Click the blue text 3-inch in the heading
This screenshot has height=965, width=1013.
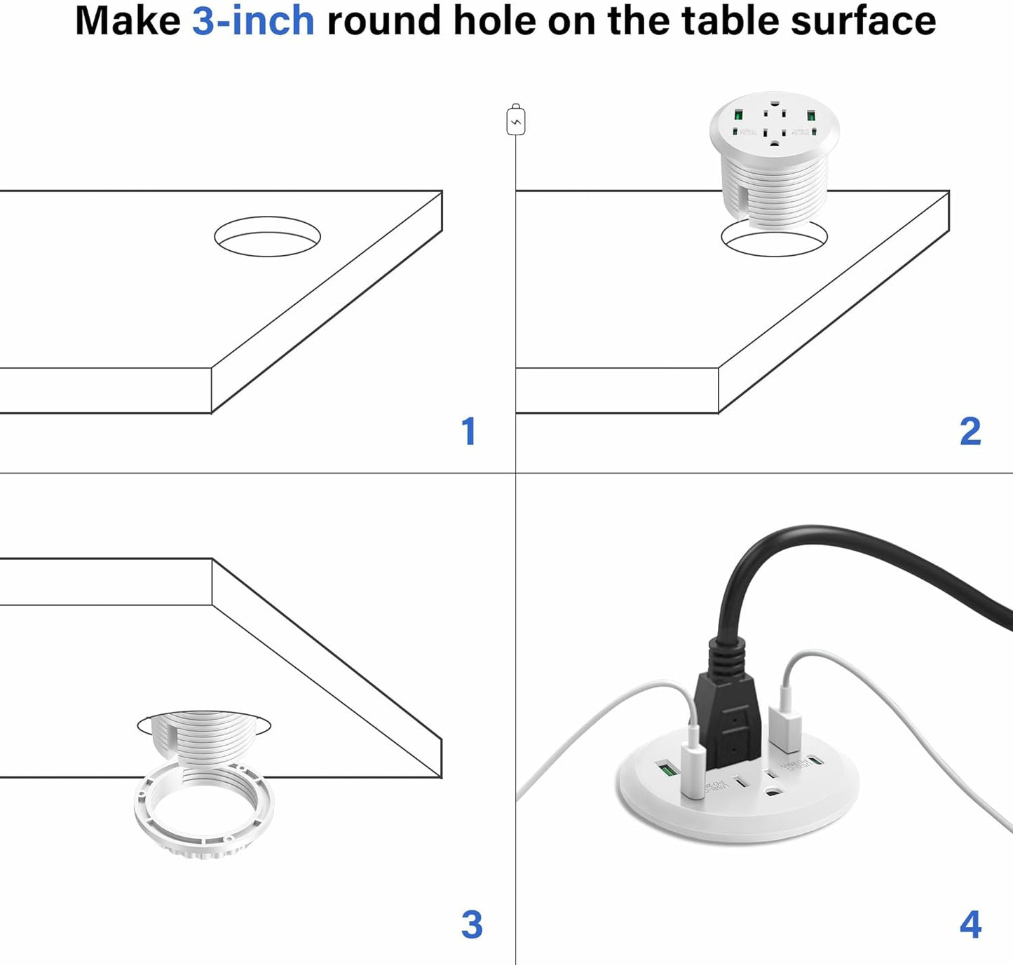tap(253, 20)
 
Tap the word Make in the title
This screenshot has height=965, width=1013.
tap(128, 20)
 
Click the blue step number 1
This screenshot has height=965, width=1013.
tap(469, 432)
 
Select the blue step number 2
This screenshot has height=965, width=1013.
tap(970, 432)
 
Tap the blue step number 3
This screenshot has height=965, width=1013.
tap(472, 925)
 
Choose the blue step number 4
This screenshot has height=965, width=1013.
tap(970, 925)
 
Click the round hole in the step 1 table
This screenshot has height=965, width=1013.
tap(267, 236)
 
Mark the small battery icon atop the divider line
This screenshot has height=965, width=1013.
tap(516, 121)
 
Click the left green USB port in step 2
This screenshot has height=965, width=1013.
tap(738, 115)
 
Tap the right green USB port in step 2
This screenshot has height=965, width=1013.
tap(811, 115)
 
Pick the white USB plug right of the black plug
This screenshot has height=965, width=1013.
tap(786, 729)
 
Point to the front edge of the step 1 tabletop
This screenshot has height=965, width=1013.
tap(105, 390)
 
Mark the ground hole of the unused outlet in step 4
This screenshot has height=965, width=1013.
tap(774, 794)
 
